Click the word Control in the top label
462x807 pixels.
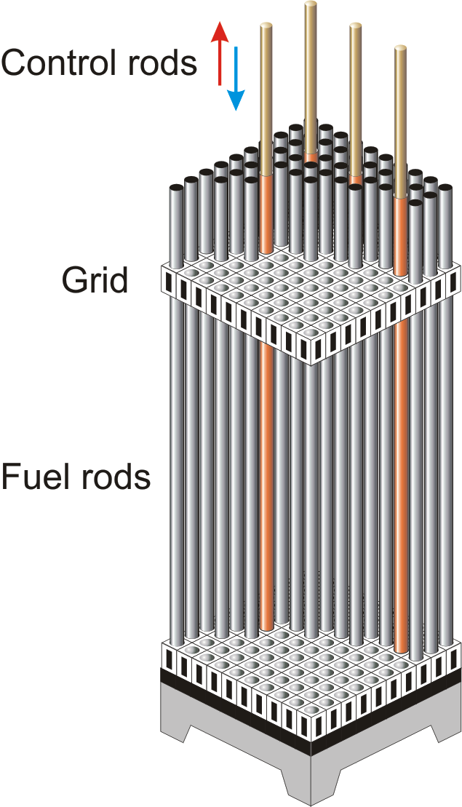tap(61, 63)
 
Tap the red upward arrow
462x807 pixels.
tap(220, 53)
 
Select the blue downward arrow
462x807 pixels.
tap(236, 79)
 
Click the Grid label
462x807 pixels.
tap(94, 280)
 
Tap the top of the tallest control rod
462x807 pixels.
tap(311, 4)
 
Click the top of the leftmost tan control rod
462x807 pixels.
tap(266, 25)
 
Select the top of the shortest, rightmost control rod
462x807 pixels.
tap(401, 49)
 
